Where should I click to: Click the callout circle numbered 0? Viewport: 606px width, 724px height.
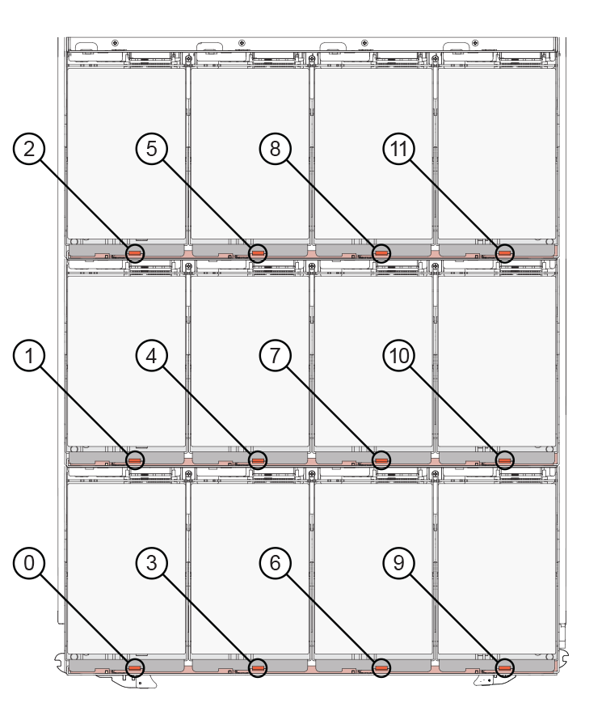pyautogui.click(x=28, y=563)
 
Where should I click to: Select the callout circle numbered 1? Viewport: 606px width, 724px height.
pyautogui.click(x=28, y=356)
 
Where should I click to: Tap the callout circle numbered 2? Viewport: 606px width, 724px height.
pyautogui.click(x=28, y=149)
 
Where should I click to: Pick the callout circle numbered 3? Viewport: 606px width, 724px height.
pyautogui.click(x=152, y=563)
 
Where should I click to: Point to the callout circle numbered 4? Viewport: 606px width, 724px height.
pyautogui.click(x=152, y=356)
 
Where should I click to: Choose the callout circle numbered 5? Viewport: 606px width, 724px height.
pyautogui.click(x=152, y=149)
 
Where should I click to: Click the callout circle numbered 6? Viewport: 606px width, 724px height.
pyautogui.click(x=276, y=563)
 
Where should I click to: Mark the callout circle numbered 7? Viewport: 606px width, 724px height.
pyautogui.click(x=276, y=356)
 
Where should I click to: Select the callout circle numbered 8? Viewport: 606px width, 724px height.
pyautogui.click(x=276, y=149)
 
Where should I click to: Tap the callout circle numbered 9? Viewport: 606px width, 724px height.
pyautogui.click(x=399, y=563)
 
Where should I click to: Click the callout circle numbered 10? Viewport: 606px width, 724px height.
pyautogui.click(x=399, y=356)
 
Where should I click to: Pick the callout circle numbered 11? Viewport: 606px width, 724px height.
pyautogui.click(x=399, y=149)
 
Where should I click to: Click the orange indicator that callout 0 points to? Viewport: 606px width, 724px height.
pyautogui.click(x=135, y=667)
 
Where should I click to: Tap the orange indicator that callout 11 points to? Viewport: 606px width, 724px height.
pyautogui.click(x=504, y=253)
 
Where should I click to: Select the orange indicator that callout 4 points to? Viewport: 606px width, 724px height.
pyautogui.click(x=258, y=460)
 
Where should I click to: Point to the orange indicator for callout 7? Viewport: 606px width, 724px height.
pyautogui.click(x=381, y=460)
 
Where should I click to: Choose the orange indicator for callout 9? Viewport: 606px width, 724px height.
pyautogui.click(x=504, y=667)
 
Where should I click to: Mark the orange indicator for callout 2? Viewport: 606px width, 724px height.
pyautogui.click(x=135, y=253)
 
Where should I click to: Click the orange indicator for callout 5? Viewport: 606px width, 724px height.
pyautogui.click(x=258, y=253)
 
